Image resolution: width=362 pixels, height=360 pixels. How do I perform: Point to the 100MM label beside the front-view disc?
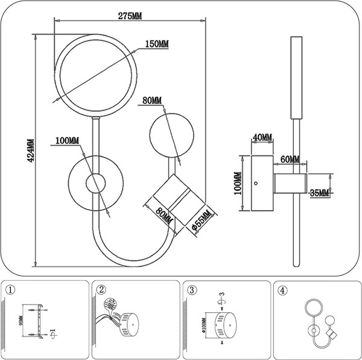pyautogui.click(x=67, y=141)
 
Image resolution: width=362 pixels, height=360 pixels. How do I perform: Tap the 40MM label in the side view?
pyautogui.click(x=261, y=138)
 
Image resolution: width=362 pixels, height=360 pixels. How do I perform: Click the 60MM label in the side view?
pyautogui.click(x=290, y=159)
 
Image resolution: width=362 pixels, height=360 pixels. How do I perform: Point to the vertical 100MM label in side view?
pyautogui.click(x=237, y=184)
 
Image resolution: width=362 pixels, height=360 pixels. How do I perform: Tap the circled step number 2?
pyautogui.click(x=101, y=289)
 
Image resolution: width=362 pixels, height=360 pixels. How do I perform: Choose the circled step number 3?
pyautogui.click(x=192, y=289)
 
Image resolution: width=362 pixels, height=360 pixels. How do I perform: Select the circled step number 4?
pyautogui.click(x=282, y=289)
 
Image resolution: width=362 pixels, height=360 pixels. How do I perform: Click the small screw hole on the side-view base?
pyautogui.click(x=255, y=182)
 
